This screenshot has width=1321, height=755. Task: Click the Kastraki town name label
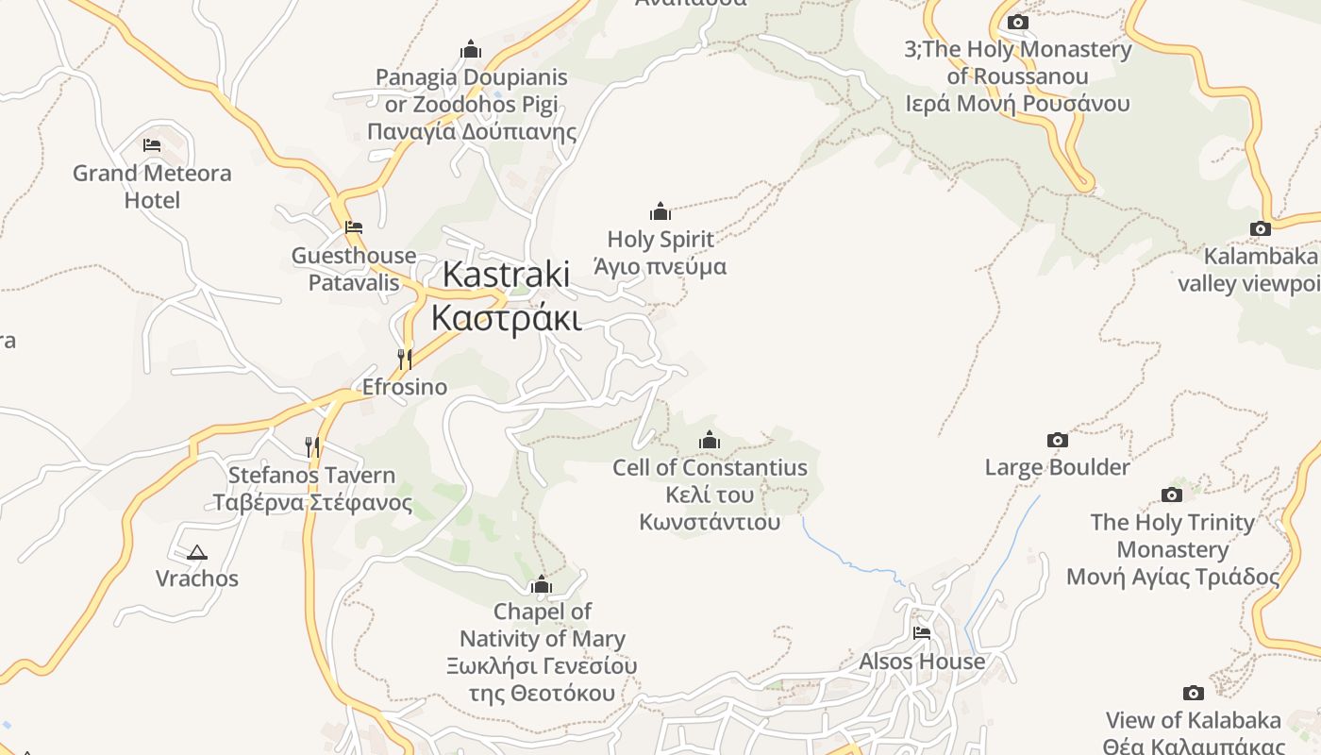[x=506, y=275]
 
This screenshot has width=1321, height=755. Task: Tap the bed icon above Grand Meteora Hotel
[x=152, y=145]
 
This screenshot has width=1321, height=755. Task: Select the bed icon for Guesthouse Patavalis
[x=354, y=227]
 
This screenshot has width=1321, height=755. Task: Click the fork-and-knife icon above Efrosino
[x=405, y=359]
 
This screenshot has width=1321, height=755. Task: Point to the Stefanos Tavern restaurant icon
[x=311, y=446]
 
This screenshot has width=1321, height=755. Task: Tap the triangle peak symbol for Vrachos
[x=196, y=552]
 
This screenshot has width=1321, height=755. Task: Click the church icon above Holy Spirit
[x=660, y=211]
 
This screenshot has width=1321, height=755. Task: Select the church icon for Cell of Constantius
[x=710, y=440]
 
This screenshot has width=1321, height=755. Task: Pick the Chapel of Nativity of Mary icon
[x=542, y=585]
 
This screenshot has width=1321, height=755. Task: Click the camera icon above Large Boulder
[x=1058, y=440]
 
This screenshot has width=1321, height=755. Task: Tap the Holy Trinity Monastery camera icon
[x=1172, y=495]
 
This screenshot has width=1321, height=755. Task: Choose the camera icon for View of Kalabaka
[x=1194, y=694]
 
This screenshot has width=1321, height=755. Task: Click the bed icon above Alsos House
[x=922, y=633]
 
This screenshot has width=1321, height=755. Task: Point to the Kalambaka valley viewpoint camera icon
[x=1260, y=228]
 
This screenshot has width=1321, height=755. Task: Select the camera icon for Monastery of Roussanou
[x=1017, y=22]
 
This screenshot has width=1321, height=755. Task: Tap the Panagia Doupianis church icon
[x=471, y=50]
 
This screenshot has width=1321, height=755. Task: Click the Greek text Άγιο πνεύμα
[x=660, y=267]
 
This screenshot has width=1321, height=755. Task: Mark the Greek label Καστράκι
[x=506, y=318]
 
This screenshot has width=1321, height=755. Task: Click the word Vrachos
[x=197, y=579]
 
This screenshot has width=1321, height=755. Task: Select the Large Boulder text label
[x=1057, y=467]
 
